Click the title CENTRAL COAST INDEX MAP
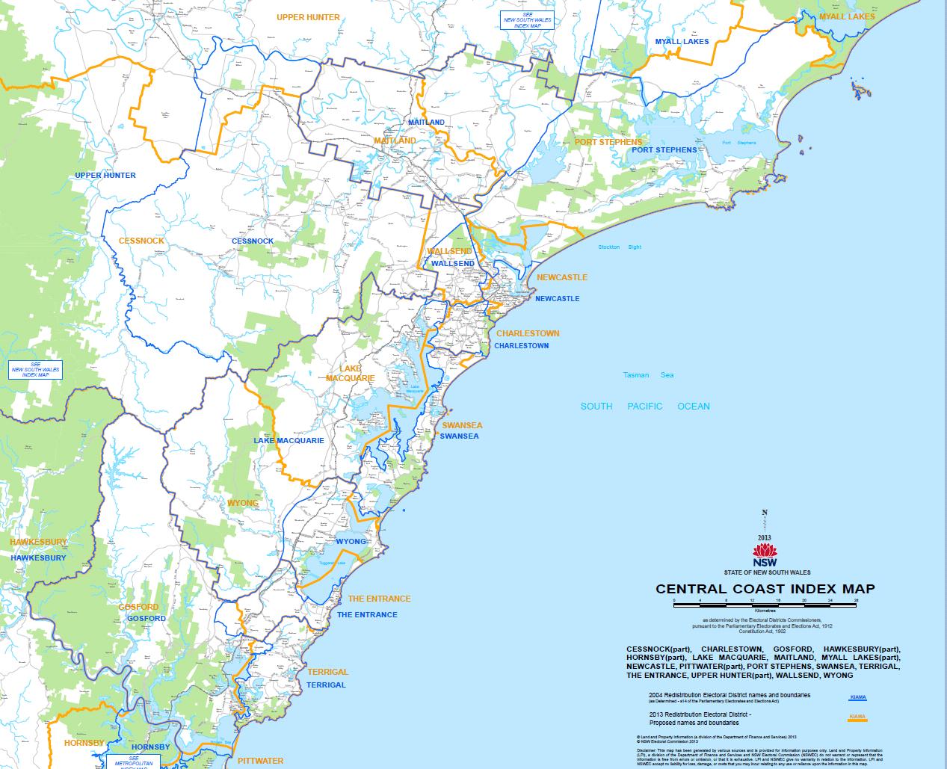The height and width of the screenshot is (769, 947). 765,589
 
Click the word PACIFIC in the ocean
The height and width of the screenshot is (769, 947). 644,407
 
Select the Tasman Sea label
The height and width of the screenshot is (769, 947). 648,375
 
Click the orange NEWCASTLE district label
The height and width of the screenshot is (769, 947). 562,277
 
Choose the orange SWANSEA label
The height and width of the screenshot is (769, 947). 462,425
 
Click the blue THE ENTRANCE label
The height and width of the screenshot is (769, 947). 367,615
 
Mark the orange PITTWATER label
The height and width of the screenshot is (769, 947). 260,761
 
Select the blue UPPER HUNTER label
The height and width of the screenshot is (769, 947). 105,176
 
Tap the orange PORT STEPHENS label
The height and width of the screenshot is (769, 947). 608,142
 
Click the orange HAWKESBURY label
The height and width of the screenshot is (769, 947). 38,542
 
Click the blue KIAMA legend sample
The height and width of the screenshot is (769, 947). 857,698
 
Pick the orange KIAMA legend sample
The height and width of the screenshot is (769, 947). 857,718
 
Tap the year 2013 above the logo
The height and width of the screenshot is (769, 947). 764,537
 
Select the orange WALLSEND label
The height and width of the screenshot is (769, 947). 448,252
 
